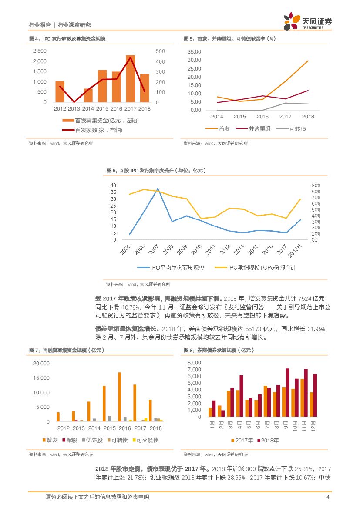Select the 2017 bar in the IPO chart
[x=130, y=79]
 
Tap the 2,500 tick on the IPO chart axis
[x=40, y=51]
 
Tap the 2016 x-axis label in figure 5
[x=262, y=117]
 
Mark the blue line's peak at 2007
[x=158, y=189]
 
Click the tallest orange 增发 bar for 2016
[x=119, y=397]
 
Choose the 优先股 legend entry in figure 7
[x=92, y=440]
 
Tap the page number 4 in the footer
[x=328, y=497]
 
